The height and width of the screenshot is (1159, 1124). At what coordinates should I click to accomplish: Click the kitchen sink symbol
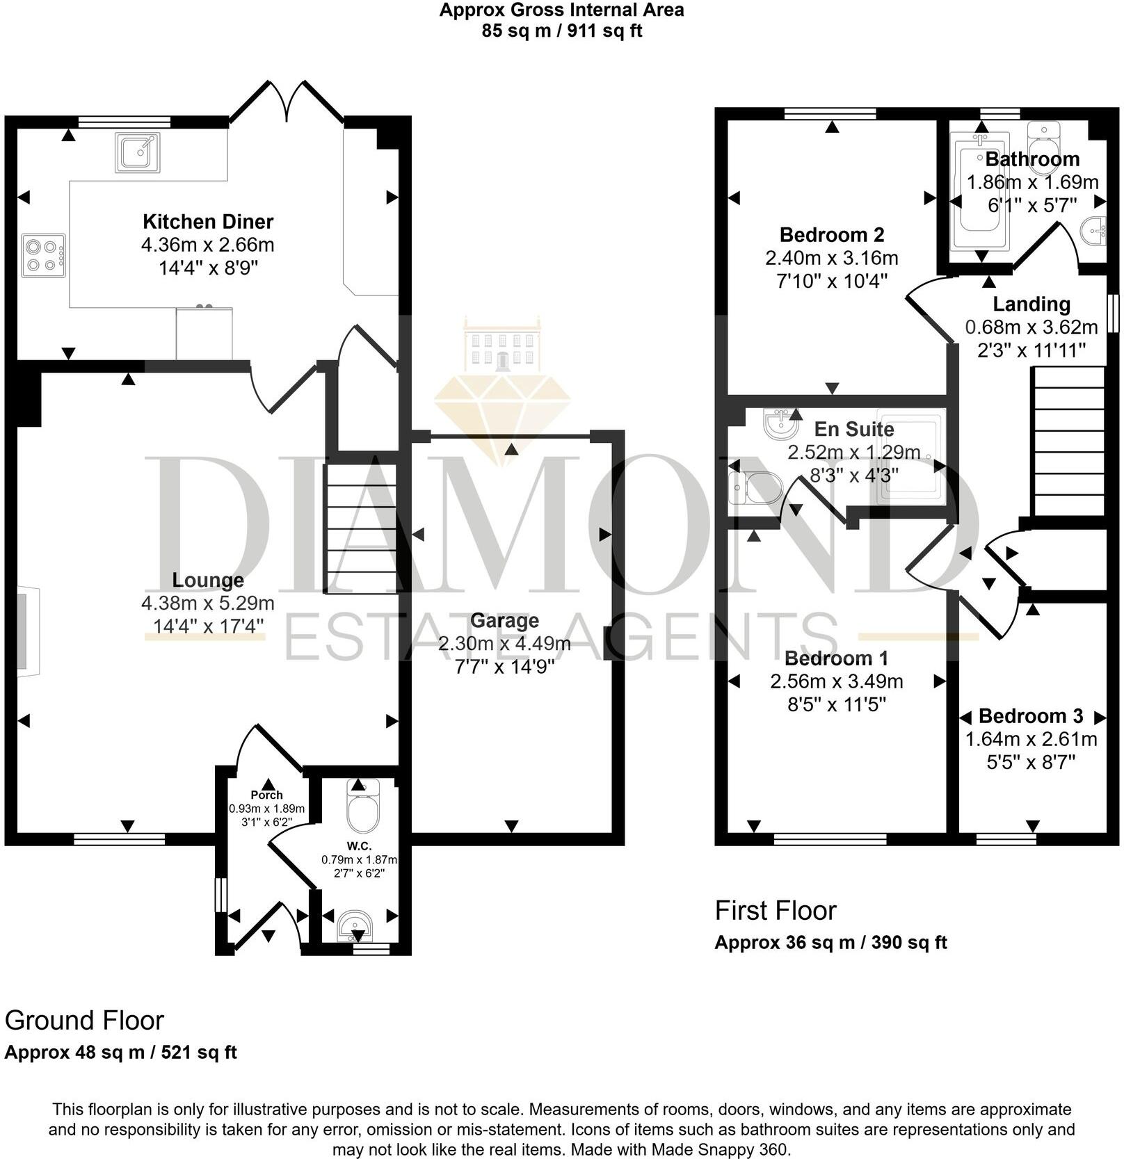[138, 152]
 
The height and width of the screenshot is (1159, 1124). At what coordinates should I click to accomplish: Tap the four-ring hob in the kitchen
[43, 256]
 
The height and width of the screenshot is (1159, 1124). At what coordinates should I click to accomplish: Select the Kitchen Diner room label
[208, 222]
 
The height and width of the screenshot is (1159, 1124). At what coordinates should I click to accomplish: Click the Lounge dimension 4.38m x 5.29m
[207, 603]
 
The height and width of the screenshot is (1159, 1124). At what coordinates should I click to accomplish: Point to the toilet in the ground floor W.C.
[362, 809]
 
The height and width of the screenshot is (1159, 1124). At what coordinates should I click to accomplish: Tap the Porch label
[266, 795]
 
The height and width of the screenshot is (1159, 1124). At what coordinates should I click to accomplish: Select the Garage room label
[504, 620]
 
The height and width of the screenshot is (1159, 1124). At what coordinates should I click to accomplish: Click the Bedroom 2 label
[831, 235]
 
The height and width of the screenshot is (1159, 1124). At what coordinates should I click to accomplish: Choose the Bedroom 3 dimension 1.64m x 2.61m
[1031, 739]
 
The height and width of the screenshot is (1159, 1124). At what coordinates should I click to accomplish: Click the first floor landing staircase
[1069, 441]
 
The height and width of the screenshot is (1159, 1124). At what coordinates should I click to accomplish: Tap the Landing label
[1031, 304]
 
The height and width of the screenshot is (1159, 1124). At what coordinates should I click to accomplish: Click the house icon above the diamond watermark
[501, 346]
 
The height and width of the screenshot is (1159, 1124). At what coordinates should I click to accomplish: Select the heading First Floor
[775, 911]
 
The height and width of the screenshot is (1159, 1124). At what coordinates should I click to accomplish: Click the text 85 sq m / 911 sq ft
[561, 31]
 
